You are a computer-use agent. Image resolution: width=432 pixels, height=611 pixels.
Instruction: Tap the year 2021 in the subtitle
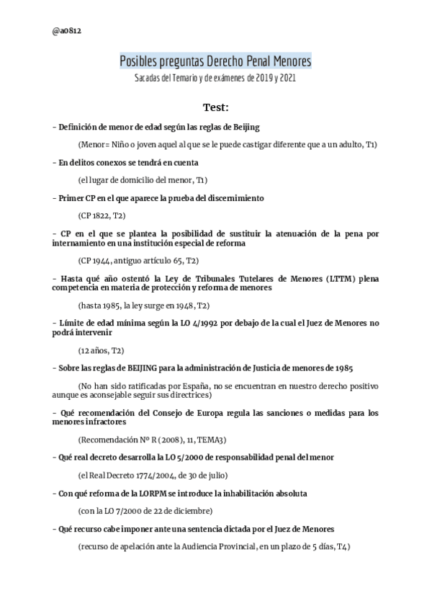pyautogui.click(x=286, y=77)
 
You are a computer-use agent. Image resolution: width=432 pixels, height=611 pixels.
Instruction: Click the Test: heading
pyautogui.click(x=215, y=107)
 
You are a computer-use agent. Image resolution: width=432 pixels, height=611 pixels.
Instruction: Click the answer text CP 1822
pyautogui.click(x=96, y=215)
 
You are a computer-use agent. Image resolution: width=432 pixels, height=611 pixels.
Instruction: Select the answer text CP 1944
pyautogui.click(x=96, y=259)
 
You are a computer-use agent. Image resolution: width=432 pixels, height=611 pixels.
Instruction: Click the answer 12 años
pyautogui.click(x=94, y=350)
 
